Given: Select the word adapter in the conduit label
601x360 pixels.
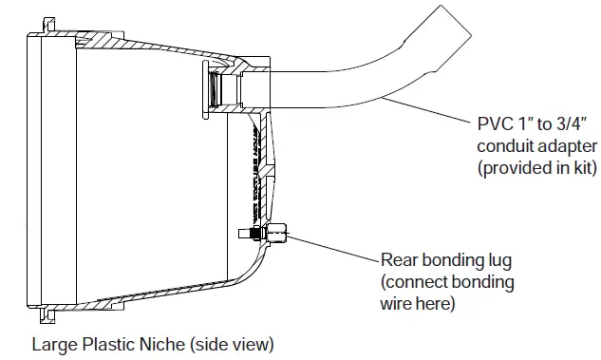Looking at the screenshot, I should pos(569,147).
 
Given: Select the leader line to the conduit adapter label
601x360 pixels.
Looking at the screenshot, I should pos(427,112).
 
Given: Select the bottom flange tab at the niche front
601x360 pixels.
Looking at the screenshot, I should pos(44,310).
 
